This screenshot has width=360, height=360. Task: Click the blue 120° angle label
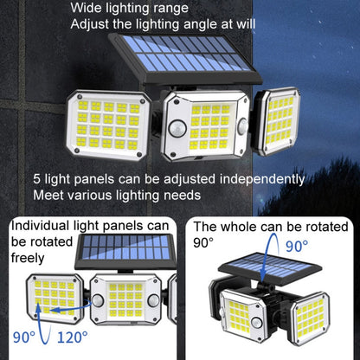click(x=73, y=337)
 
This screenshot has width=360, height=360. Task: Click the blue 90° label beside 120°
click(x=24, y=337)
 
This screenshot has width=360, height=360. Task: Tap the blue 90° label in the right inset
click(x=297, y=246)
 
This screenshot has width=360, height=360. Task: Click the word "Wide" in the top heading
click(x=86, y=8)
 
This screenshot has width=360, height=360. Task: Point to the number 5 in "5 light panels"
click(x=36, y=179)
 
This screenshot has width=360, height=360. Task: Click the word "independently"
click(x=262, y=180)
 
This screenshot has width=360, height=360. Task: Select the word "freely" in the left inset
click(x=28, y=258)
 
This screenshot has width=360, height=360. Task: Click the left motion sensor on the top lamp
click(x=177, y=128)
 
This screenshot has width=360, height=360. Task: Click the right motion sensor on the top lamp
click(x=243, y=126)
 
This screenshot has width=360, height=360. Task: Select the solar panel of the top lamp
click(x=185, y=58)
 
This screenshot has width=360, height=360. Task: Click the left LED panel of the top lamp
click(x=108, y=125)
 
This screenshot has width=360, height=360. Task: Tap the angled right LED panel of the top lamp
click(x=279, y=121)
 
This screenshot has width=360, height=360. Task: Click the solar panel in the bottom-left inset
click(x=125, y=251)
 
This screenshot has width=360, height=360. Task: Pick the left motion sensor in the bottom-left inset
click(x=98, y=300)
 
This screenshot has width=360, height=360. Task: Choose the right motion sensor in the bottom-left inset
click(x=153, y=300)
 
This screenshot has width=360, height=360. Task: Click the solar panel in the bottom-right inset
click(x=270, y=268)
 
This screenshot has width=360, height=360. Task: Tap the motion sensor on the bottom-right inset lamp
click(x=256, y=323)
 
